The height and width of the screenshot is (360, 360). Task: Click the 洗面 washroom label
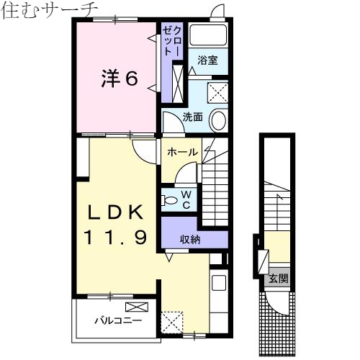(x=192, y=116)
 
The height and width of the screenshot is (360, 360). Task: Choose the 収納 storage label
(x=190, y=239)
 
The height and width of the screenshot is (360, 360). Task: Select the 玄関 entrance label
(x=279, y=279)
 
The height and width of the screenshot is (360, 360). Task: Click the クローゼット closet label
(x=168, y=40)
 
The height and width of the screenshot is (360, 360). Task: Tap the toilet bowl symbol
(x=170, y=199)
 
